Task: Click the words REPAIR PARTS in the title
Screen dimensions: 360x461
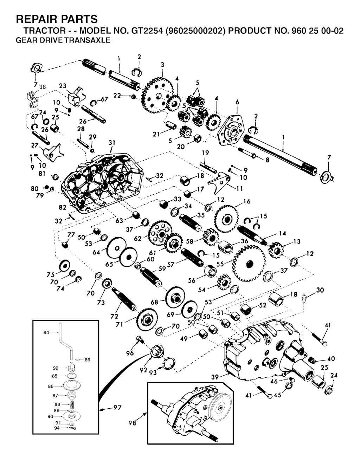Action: click(57, 19)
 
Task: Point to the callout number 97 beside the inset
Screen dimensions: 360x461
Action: click(117, 408)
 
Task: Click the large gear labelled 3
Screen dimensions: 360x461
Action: click(157, 96)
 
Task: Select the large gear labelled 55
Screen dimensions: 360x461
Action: click(249, 263)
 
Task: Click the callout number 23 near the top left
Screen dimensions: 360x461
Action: click(63, 86)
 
